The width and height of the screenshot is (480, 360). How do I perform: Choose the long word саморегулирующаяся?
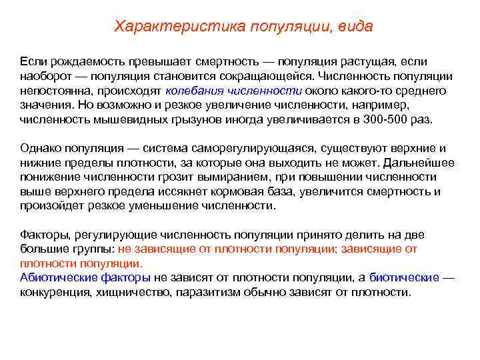point(261,148)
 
